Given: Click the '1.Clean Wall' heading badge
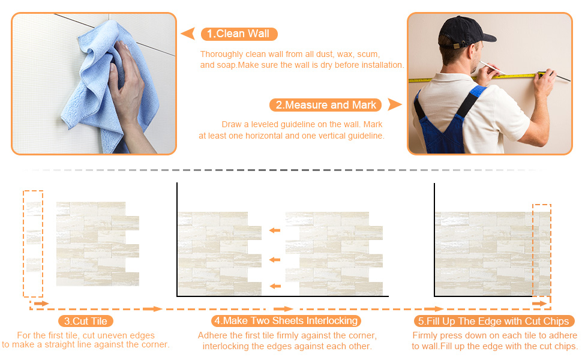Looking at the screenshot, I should point(239,34).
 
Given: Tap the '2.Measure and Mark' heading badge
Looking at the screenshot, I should point(326,105).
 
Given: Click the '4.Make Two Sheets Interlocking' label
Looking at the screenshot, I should point(286,321).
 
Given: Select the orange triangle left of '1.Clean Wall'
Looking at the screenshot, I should point(188,33).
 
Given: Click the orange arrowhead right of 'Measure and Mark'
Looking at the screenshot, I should point(394,105).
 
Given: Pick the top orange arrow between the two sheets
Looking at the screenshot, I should point(275,230).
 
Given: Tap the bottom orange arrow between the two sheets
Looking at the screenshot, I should point(275,286).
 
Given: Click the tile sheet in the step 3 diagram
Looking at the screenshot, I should point(97,244).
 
